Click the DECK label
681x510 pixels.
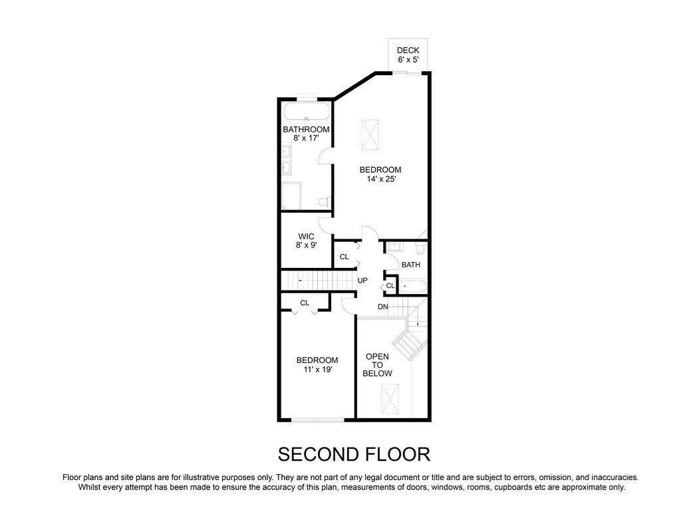tap(408, 51)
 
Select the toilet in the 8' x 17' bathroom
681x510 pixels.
tap(325, 201)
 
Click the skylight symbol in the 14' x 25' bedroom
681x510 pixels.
tap(370, 135)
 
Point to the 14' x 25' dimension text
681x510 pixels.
tap(381, 179)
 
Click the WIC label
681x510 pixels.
tap(306, 237)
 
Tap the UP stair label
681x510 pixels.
tap(362, 281)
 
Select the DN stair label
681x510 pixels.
tap(382, 307)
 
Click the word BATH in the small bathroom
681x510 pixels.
tap(411, 265)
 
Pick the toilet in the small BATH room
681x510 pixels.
tap(420, 248)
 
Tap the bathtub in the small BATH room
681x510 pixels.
tap(413, 287)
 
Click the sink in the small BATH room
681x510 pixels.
tap(395, 247)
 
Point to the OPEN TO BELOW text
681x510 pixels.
tap(378, 365)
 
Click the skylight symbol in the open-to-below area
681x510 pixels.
tap(390, 398)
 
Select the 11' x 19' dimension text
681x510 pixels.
tap(317, 370)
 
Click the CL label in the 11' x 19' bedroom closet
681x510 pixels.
tap(305, 303)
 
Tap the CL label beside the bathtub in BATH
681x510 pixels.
tap(390, 286)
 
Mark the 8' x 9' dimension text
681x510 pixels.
tap(306, 245)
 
